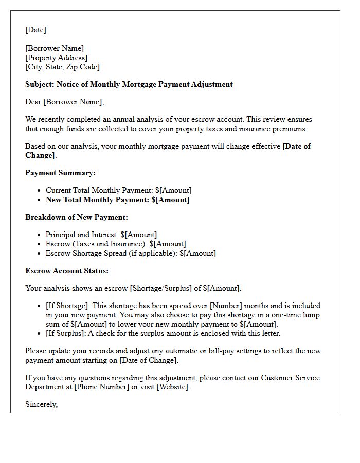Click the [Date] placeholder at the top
[x=35, y=30]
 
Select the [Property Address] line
[x=57, y=58]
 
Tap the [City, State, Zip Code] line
[x=62, y=67]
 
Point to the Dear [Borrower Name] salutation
[x=64, y=102]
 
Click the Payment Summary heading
[x=60, y=173]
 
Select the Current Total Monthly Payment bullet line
[x=118, y=190]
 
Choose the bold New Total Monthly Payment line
[x=117, y=200]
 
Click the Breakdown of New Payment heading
[x=77, y=217]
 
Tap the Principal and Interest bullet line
[x=101, y=235]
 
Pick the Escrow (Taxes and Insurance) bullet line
[x=116, y=244]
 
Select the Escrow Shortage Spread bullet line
[x=131, y=253]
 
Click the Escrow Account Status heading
[x=67, y=271]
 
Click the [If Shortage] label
[x=66, y=306]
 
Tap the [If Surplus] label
[x=64, y=333]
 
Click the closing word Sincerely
[x=41, y=404]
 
